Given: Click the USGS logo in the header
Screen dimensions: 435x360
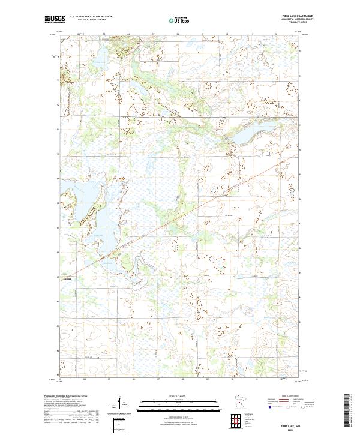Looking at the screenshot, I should pos(52,19).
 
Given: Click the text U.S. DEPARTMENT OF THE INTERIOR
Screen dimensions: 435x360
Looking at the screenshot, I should pos(91,17).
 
